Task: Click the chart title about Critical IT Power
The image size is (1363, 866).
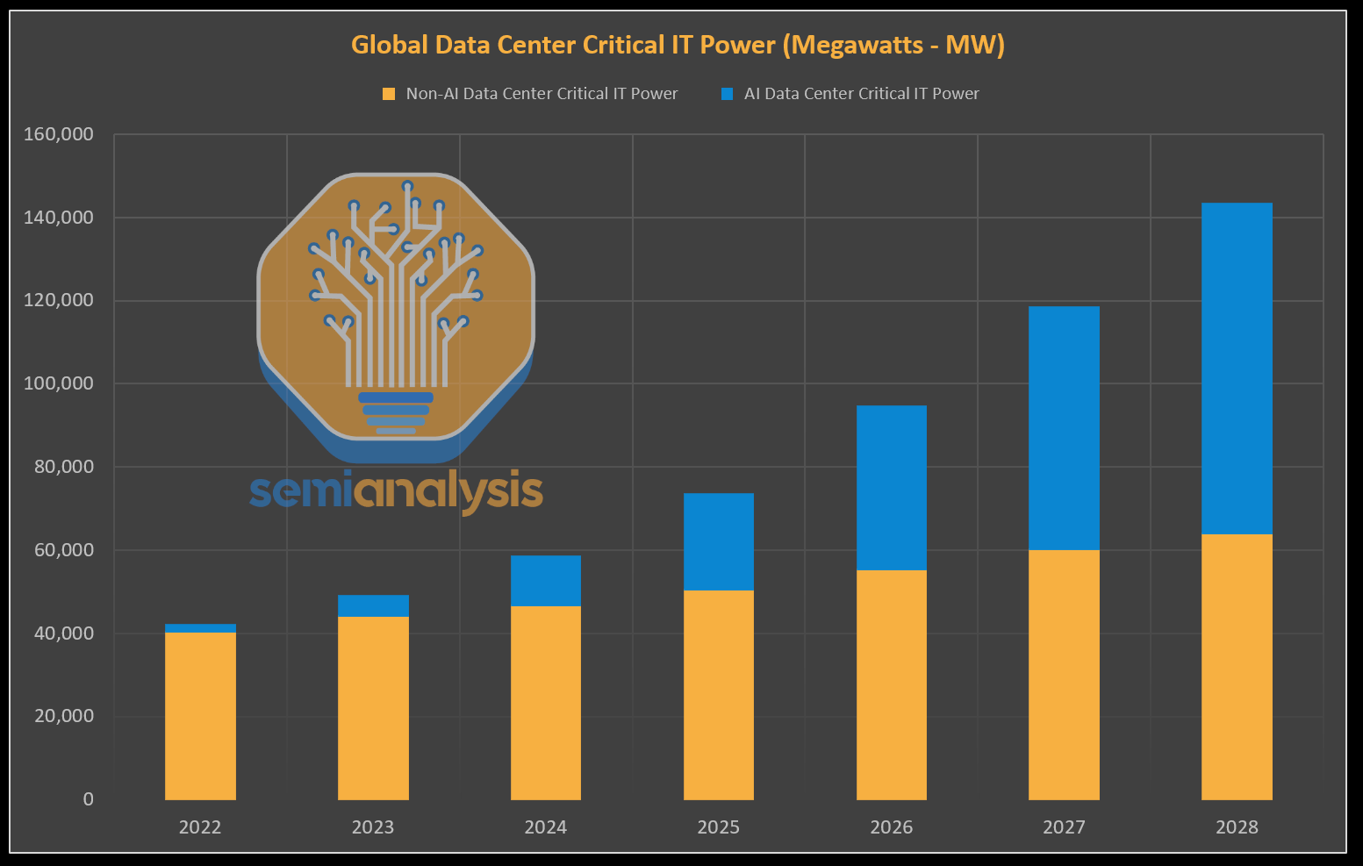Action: [678, 45]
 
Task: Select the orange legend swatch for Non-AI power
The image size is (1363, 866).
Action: [389, 94]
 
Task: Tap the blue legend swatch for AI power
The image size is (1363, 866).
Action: [727, 94]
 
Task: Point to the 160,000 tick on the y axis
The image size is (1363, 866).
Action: [59, 134]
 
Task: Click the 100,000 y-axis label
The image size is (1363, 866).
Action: [59, 383]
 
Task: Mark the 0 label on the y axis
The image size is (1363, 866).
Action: [88, 799]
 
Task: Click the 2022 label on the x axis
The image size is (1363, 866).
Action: [200, 827]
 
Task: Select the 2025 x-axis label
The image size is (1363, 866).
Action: [718, 827]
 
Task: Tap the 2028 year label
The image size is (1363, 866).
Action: [1237, 827]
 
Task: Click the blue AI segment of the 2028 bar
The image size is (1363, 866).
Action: [1237, 369]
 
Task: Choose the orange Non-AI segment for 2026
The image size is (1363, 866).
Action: [891, 684]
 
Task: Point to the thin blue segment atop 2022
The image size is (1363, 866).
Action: [200, 628]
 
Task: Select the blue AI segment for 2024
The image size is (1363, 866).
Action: [546, 581]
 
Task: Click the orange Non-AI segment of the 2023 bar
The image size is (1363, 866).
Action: [373, 708]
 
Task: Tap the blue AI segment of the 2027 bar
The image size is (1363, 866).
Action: [1064, 428]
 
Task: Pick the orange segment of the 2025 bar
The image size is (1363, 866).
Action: [718, 695]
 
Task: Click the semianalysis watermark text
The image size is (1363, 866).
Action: [396, 491]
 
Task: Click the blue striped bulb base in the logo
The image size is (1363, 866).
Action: [396, 413]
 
